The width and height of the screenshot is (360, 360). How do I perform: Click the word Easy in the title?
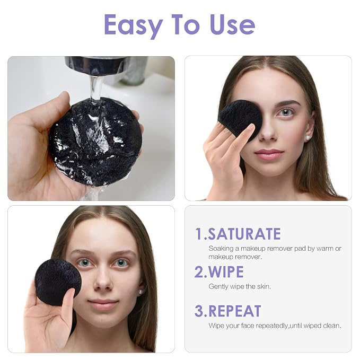click(x=134, y=26)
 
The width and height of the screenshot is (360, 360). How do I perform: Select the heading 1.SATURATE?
click(x=238, y=234)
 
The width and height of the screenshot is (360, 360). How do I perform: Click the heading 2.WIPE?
click(x=219, y=272)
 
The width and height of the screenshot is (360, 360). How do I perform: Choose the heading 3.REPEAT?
click(x=228, y=311)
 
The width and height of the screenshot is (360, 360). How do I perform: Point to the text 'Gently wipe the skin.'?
click(x=240, y=286)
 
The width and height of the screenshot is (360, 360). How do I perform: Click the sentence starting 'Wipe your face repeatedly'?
click(x=275, y=326)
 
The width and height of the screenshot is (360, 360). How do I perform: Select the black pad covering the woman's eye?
click(x=240, y=119)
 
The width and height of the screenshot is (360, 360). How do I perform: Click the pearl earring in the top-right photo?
click(x=308, y=138)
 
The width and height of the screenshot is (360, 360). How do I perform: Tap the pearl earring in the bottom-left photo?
click(x=140, y=292)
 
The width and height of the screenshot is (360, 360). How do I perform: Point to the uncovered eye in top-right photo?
click(x=286, y=112)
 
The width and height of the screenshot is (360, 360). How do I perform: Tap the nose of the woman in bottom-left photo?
click(x=103, y=281)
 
